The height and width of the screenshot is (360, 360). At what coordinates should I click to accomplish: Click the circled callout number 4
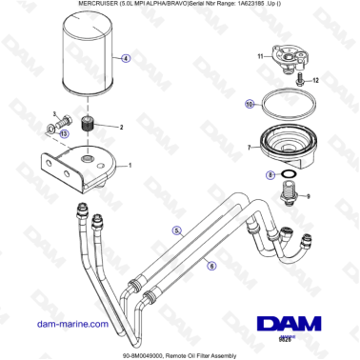point(126,57)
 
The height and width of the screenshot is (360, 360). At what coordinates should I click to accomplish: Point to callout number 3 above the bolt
point(54,113)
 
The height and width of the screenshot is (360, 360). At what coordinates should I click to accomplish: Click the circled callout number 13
point(63,134)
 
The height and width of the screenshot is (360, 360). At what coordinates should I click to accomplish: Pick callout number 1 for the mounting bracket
point(130,165)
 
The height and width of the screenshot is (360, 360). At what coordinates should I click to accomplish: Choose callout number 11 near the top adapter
point(262,58)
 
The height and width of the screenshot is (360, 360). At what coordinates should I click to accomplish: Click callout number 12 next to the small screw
point(318,82)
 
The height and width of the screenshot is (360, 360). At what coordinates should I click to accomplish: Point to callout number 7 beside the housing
point(250,148)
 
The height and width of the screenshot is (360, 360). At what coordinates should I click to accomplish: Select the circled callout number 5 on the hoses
point(175,230)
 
